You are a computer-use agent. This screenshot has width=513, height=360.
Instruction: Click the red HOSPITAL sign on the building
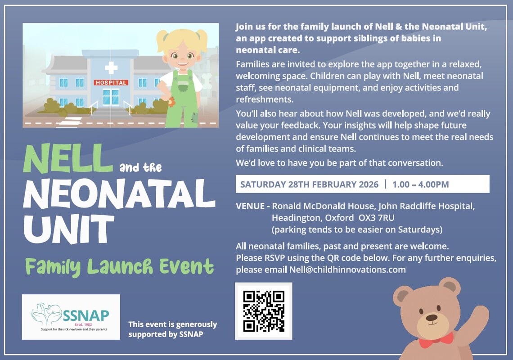(111, 82)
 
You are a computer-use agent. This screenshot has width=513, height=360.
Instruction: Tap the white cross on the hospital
(111, 68)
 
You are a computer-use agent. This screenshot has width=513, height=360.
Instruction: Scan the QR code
(264, 311)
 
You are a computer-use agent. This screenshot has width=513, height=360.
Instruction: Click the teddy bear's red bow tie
(436, 340)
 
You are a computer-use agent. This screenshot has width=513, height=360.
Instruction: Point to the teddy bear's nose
(432, 317)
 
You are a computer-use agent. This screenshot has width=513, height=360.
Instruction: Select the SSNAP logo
(71, 317)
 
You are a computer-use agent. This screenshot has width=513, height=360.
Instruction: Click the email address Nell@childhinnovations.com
(347, 270)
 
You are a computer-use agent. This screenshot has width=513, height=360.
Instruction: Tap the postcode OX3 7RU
(376, 218)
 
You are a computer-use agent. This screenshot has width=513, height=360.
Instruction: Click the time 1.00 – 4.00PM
(420, 184)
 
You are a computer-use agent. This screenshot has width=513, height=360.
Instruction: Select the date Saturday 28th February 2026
(309, 184)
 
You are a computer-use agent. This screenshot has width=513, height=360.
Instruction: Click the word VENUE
(250, 206)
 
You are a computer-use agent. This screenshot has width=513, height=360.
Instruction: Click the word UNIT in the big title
(69, 229)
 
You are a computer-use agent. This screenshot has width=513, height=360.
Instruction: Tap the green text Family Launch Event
(120, 266)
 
